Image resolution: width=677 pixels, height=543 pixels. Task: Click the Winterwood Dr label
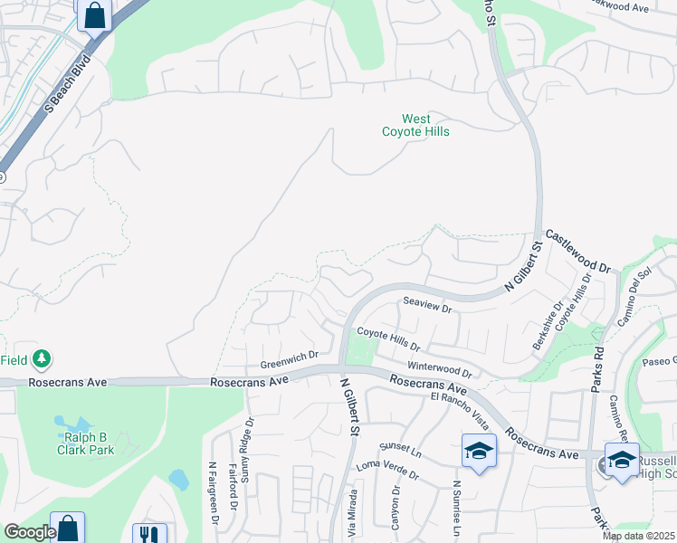[440, 369]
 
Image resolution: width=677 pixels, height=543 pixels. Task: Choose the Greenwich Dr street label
[290, 359]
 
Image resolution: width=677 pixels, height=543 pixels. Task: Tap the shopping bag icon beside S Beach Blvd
[94, 15]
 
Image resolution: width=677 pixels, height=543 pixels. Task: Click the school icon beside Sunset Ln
[479, 451]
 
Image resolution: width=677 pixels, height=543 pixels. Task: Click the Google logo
[29, 532]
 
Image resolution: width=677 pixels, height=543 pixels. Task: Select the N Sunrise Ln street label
[458, 507]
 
